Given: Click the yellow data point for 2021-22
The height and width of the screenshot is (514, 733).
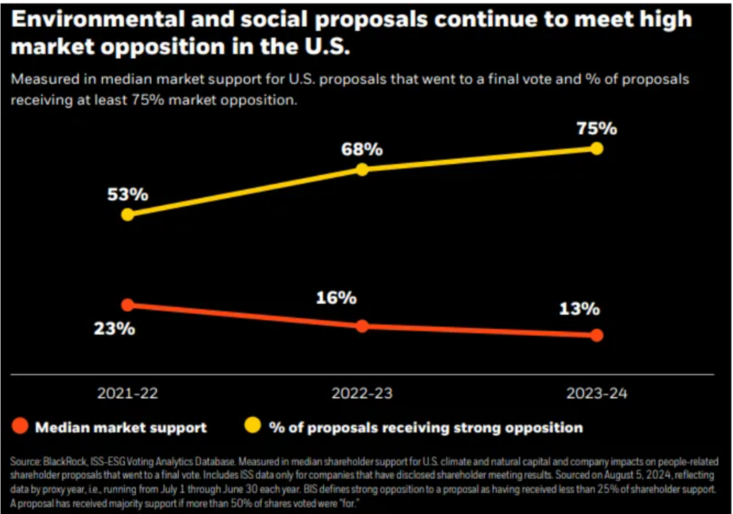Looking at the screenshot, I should [128, 214].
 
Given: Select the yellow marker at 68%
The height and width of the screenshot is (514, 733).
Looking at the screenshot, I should [362, 170].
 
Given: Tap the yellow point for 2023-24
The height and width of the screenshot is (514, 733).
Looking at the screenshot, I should [597, 148].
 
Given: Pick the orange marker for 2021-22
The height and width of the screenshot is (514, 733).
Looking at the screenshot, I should [128, 305].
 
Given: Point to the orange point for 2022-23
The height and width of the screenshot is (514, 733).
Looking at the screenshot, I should [362, 327].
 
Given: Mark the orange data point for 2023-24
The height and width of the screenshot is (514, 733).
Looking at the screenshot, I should [597, 335].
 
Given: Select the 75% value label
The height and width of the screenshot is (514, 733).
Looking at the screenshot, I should [596, 128].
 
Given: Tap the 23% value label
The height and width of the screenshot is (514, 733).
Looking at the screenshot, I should [114, 329].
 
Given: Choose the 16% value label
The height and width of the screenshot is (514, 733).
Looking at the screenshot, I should [336, 299].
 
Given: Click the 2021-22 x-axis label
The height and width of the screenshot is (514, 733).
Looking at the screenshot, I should [128, 393].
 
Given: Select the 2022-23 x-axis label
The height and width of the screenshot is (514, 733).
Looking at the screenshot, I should [362, 393].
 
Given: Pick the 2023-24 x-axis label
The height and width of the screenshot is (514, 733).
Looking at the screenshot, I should [597, 393].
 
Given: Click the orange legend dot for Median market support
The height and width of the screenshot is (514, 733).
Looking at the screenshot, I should [21, 427].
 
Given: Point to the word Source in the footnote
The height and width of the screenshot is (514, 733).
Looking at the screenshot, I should [24, 462].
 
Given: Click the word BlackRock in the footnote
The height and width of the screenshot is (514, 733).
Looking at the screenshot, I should [64, 462].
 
